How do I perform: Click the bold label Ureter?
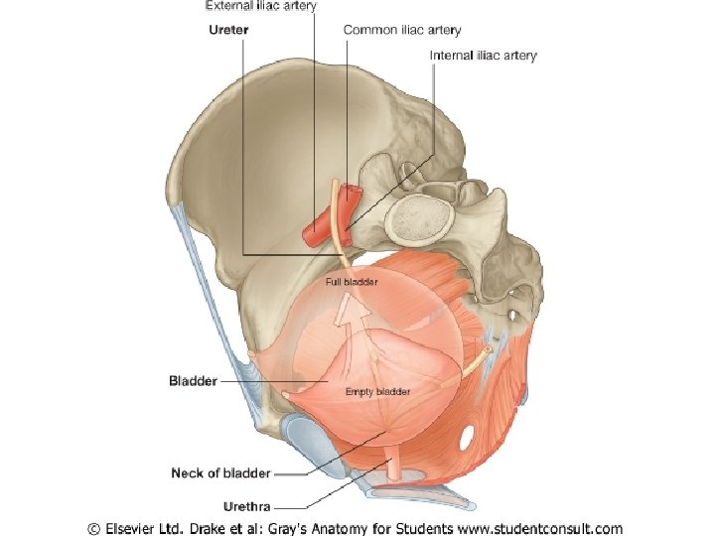[228, 30]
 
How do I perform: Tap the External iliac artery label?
[261, 6]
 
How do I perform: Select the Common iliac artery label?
[402, 30]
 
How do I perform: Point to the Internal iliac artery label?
[483, 56]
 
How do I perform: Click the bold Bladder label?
[193, 380]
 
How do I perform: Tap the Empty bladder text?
[377, 392]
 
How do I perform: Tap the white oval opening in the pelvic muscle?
[468, 437]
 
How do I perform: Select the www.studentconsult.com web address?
[537, 528]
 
